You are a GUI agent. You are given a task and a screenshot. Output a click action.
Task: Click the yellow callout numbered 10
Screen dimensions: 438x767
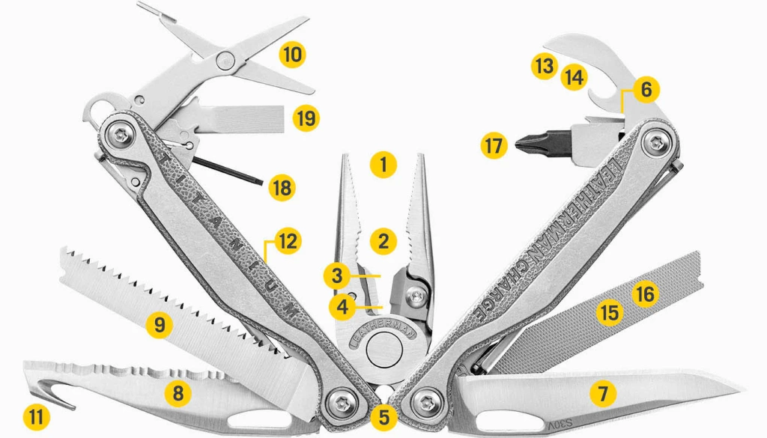292,55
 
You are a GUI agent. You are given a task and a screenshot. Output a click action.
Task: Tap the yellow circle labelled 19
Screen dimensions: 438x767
306,118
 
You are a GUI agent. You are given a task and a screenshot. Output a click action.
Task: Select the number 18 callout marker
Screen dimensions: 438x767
282,187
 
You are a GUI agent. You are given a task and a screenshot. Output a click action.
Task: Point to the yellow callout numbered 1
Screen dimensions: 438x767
383,164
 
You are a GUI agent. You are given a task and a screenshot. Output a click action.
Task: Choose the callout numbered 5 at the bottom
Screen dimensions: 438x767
383,413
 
